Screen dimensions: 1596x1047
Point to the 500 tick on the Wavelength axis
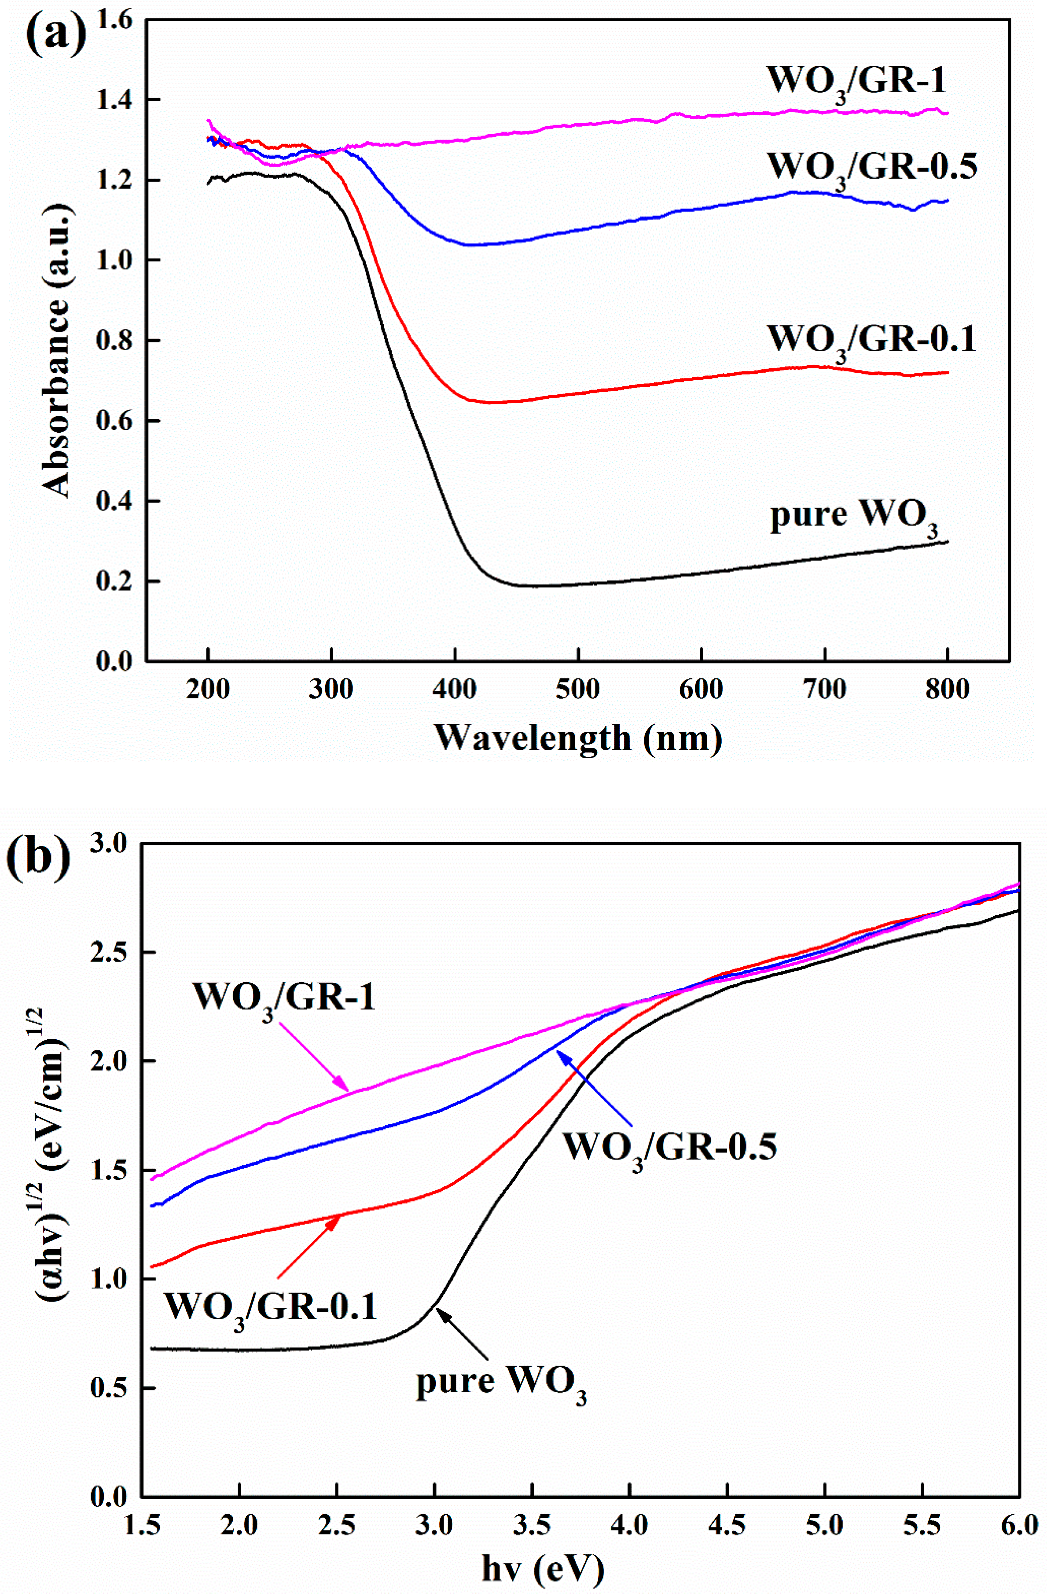(x=578, y=690)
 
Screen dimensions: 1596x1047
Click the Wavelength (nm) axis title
(x=578, y=737)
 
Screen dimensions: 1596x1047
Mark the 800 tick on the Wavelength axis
(x=947, y=690)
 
